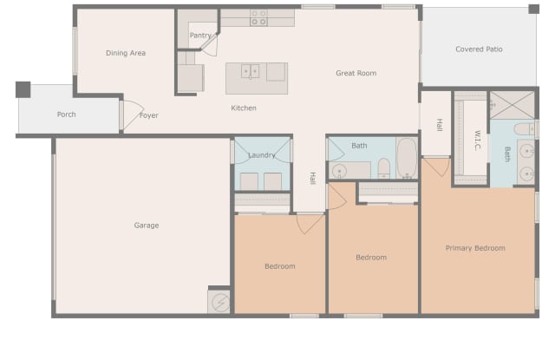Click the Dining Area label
coord(126,53)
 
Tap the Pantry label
coord(200,36)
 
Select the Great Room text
coord(356,73)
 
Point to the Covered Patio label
coord(479,49)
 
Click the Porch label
coord(66,115)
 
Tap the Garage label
coord(147,226)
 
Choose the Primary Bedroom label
coord(475,248)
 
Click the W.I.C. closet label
coord(478,141)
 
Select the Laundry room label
coord(262,155)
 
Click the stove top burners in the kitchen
coord(258,17)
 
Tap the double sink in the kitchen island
coord(251,71)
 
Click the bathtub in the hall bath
coord(407,158)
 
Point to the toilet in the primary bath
coord(524,129)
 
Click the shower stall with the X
coord(512,105)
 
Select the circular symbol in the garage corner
coord(220,303)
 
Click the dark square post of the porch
coord(23,89)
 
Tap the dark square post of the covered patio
coord(534,9)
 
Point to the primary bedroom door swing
coord(436,167)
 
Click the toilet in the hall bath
coord(383,167)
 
